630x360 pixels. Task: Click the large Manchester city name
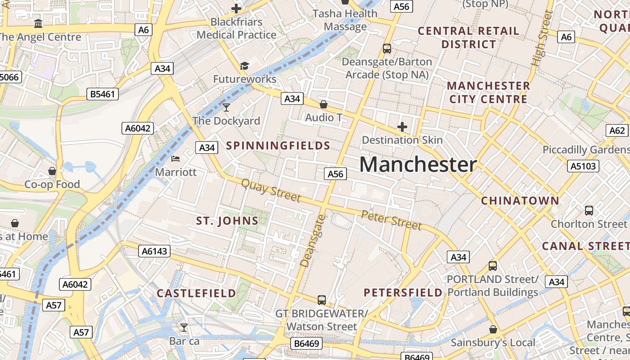(x=418, y=165)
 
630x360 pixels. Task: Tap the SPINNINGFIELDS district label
(x=278, y=145)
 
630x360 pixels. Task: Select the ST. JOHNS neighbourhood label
(x=227, y=220)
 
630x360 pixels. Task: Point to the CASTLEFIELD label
(x=196, y=293)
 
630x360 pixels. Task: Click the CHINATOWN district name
(x=520, y=201)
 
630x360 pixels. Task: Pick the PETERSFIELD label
(x=403, y=292)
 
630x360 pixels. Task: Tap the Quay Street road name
(x=271, y=190)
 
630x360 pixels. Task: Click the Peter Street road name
(x=391, y=220)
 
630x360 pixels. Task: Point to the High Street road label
(x=541, y=39)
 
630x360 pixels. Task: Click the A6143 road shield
(x=154, y=251)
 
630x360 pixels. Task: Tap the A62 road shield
(x=616, y=130)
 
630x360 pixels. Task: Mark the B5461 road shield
(x=103, y=94)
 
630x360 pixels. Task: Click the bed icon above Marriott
(x=175, y=159)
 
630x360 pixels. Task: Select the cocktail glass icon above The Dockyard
(x=226, y=107)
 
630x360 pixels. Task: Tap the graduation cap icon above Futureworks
(x=244, y=66)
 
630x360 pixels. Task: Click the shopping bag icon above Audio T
(x=323, y=105)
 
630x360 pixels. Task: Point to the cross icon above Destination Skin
(x=402, y=127)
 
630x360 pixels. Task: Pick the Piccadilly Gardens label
(x=585, y=149)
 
